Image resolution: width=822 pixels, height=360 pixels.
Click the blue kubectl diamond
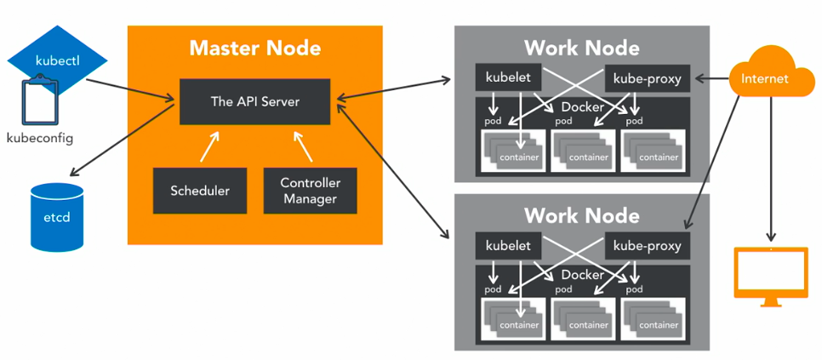point(57,61)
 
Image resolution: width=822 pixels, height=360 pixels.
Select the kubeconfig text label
point(40,138)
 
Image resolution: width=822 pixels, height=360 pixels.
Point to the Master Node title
point(254,47)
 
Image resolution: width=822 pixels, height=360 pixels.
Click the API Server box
point(254,101)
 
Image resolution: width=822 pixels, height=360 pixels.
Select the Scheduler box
point(200,191)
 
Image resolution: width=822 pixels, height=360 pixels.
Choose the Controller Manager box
point(310,191)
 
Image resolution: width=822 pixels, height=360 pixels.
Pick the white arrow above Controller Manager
point(304,146)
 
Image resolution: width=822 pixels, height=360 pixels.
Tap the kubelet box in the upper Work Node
point(508,77)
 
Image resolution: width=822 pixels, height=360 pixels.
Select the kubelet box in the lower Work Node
point(508,246)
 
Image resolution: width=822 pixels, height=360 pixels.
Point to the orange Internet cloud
point(765,77)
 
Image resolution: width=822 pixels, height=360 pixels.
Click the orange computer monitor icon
point(771,272)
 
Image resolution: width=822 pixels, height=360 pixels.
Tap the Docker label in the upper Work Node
point(582,107)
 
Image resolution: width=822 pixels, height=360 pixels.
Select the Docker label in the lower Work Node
point(582,275)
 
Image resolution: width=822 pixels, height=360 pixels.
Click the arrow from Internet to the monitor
point(771,170)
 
